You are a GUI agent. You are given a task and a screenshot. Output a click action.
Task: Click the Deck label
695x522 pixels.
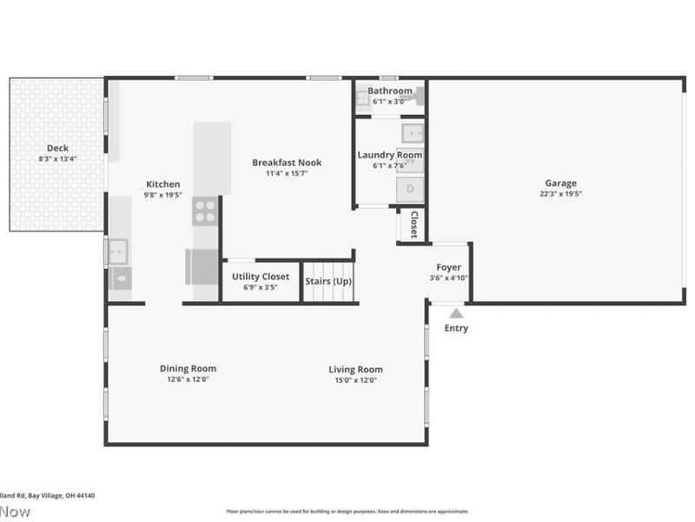click(57, 148)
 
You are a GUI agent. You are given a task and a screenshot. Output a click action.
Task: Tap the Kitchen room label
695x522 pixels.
click(162, 184)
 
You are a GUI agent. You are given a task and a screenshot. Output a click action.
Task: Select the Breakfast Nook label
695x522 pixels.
click(287, 162)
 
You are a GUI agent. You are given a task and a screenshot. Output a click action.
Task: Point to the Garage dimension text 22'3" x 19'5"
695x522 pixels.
click(560, 194)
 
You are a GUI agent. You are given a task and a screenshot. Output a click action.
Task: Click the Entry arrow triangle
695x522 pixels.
click(456, 313)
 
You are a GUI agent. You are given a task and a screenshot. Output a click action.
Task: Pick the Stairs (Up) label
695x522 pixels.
click(328, 281)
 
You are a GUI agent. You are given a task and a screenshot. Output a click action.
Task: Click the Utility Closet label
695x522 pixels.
click(261, 277)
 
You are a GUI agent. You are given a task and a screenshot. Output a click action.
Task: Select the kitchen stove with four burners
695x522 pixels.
click(205, 211)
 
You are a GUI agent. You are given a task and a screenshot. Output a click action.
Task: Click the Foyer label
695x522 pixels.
click(448, 267)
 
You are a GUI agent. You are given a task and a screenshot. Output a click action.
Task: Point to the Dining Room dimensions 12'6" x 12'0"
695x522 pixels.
click(188, 379)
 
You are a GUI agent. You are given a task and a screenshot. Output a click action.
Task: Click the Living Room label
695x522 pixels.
click(355, 369)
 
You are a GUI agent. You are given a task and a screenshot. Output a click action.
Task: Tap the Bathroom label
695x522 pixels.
click(389, 90)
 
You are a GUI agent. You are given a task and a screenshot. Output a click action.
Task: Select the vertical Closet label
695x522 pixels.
click(414, 224)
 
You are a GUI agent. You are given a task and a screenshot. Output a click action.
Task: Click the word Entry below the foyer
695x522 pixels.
click(456, 328)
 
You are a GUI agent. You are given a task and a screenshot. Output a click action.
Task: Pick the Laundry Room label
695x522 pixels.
click(389, 155)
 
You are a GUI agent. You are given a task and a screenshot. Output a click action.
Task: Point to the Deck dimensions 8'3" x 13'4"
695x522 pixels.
click(57, 159)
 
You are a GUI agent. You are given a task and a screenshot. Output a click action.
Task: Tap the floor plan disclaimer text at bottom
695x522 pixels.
click(347, 512)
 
